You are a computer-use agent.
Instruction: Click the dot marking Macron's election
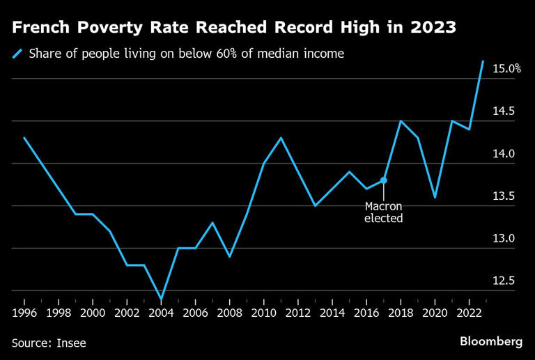[383, 180]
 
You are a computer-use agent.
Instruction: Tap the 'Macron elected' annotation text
[384, 212]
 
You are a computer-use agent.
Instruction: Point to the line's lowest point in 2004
[162, 299]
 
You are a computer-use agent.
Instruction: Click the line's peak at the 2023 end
[483, 61]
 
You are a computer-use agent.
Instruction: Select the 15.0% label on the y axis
[507, 68]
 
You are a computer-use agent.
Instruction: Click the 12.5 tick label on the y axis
[509, 281]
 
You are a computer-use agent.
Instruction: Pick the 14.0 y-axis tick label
[509, 154]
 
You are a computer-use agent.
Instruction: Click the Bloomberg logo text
[491, 341]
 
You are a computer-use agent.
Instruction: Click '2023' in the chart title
[433, 28]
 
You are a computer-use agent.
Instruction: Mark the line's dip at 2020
[435, 197]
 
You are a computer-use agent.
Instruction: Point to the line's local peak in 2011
[281, 138]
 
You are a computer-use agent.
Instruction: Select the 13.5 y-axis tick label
[509, 196]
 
